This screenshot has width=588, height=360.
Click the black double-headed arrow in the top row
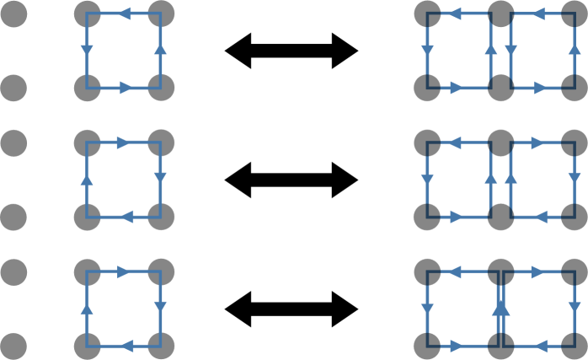(x=291, y=51)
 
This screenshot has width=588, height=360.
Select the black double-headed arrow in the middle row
(x=291, y=180)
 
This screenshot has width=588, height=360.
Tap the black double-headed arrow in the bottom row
(x=291, y=309)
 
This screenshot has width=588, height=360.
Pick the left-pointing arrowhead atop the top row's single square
(x=123, y=14)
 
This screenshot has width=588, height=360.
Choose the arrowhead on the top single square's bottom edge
(x=124, y=87)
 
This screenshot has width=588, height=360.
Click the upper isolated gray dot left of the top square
(x=13, y=13)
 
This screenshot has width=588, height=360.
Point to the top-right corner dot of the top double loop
(x=575, y=13)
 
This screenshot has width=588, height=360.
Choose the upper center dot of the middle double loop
(x=501, y=143)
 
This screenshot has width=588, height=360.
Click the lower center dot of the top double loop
(x=501, y=86)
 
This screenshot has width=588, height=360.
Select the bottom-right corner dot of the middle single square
(x=160, y=216)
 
